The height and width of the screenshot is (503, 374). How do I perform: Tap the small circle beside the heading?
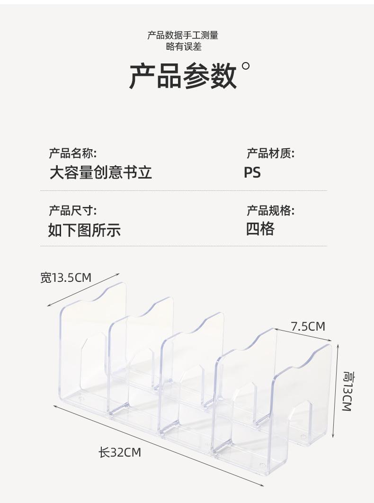point(245,66)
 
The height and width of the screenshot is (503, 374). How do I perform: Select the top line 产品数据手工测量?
point(183,35)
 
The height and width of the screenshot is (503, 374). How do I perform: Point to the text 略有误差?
point(183,46)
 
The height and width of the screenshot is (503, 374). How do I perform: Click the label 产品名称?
point(72,153)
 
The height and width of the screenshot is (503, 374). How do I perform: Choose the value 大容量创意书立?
point(101,172)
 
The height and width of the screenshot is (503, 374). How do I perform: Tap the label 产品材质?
point(270,153)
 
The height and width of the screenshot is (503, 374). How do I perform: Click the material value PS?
point(252,172)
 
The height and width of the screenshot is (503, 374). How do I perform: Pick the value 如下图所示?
point(84,230)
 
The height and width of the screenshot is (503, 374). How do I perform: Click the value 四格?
point(260,229)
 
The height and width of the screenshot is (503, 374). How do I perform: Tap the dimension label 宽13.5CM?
point(65,278)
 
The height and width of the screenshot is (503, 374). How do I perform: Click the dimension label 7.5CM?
point(308,326)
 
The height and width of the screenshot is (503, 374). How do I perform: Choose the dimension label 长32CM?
point(119,452)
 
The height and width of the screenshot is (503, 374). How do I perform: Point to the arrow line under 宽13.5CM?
point(83,290)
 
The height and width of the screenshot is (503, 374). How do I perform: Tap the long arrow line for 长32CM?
point(159,445)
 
